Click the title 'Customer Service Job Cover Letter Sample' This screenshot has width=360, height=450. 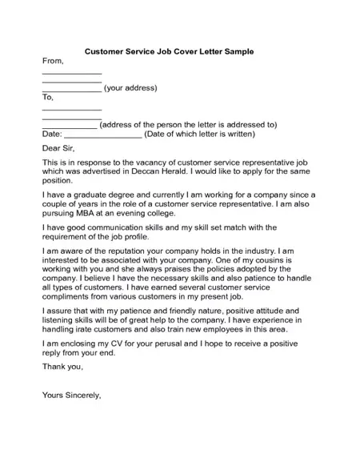(169, 51)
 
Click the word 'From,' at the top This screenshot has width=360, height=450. (52, 62)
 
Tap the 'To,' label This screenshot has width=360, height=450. (47, 98)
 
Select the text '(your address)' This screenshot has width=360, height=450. (130, 88)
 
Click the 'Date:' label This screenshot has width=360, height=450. (51, 134)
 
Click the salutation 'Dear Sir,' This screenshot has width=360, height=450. (59, 148)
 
